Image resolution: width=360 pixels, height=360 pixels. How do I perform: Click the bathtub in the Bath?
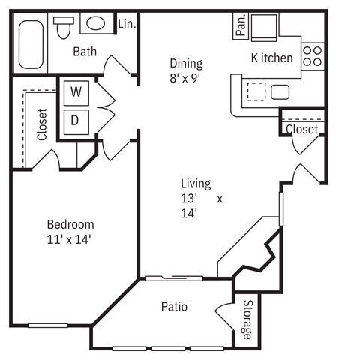coord(31,44)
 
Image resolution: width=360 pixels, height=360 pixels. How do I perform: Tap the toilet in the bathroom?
coord(64,28)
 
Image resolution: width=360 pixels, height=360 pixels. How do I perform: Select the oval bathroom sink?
coord(96,23)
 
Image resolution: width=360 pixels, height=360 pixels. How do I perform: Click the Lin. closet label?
coord(127,24)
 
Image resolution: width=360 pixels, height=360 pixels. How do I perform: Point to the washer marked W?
coord(76,93)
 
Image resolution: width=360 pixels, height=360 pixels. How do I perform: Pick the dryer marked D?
coord(76,122)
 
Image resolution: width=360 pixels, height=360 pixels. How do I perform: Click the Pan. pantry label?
coord(241,25)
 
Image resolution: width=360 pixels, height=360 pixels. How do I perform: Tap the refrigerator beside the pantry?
coord(264,28)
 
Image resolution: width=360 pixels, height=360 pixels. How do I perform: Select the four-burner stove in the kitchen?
coord(313,56)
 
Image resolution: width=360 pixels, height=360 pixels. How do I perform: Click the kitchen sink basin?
coord(280,92)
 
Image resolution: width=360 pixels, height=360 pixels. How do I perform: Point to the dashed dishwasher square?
coord(256,91)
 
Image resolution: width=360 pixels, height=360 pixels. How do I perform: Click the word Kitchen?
coord(271,58)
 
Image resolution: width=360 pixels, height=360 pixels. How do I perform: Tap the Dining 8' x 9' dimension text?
coord(186,79)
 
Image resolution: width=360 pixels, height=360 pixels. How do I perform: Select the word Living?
coord(196,184)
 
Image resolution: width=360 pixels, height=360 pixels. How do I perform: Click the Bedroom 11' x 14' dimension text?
coord(69,240)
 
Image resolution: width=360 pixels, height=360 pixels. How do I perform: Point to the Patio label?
coord(174,307)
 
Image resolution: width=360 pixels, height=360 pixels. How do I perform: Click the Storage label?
coord(247,319)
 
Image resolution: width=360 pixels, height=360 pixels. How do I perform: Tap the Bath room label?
coord(85,52)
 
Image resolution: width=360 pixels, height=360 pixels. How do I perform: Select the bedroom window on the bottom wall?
coord(48,325)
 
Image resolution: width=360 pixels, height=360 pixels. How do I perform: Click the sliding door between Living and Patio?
coord(174,278)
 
